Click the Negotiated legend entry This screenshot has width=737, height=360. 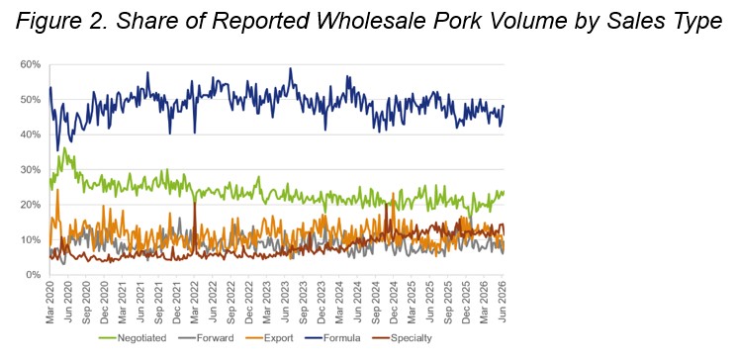133,338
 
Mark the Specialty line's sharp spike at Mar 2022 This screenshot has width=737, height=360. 194,203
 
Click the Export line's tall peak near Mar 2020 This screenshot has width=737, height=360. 57,190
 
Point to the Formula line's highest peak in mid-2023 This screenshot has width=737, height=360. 291,68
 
